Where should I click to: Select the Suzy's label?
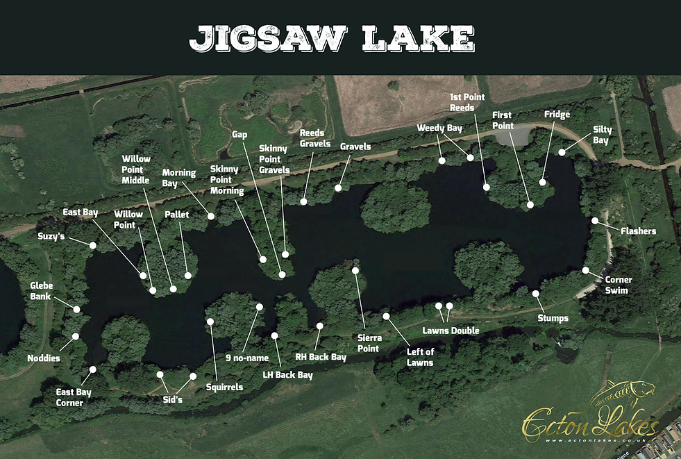[52, 235]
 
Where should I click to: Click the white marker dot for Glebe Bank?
[76, 309]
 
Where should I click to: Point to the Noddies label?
[44, 358]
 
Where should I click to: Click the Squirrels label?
[224, 387]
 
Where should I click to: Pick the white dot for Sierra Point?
[355, 270]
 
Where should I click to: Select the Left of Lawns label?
[420, 357]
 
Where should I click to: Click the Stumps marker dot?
[536, 293]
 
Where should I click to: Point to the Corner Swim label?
[618, 285]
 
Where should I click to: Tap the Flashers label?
[638, 231]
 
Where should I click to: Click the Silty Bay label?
[600, 135]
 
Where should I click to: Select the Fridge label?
[557, 115]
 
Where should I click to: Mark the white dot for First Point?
[530, 205]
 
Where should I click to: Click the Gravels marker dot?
[338, 187]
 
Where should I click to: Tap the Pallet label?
[177, 215]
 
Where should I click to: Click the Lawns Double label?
[451, 331]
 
